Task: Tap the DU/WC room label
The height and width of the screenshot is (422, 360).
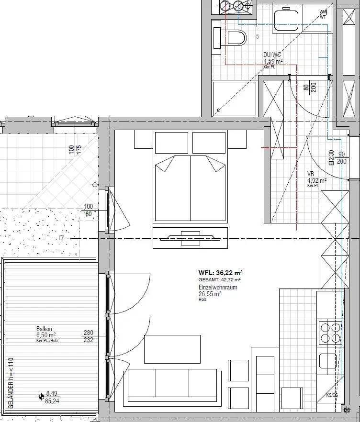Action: [272, 56]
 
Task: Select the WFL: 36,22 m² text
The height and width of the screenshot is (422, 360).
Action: [221, 272]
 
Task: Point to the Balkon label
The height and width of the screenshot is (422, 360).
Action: [44, 329]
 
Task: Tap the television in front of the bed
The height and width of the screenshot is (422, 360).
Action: [190, 237]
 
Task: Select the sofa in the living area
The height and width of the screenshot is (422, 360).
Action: [171, 385]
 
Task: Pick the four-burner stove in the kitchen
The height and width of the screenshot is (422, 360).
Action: [329, 333]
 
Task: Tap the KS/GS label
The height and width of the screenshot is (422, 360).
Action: [332, 396]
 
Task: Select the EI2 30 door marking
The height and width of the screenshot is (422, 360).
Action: [331, 157]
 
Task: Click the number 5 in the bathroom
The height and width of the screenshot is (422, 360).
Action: [258, 36]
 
